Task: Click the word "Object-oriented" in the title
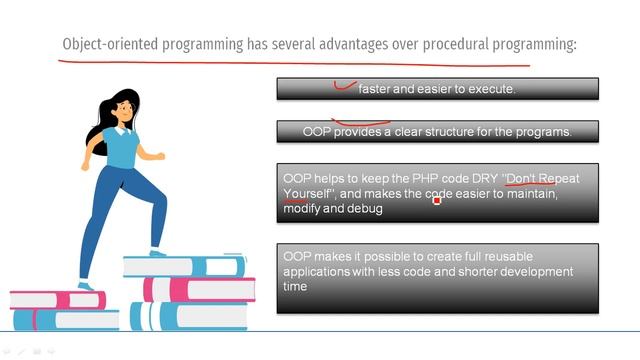pos(102,45)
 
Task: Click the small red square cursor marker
pos(437,201)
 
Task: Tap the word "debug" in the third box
pos(366,208)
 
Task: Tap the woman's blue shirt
pos(121,148)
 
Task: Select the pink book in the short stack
pos(56,300)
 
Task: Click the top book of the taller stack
pos(184,266)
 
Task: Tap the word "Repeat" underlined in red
pos(560,179)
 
